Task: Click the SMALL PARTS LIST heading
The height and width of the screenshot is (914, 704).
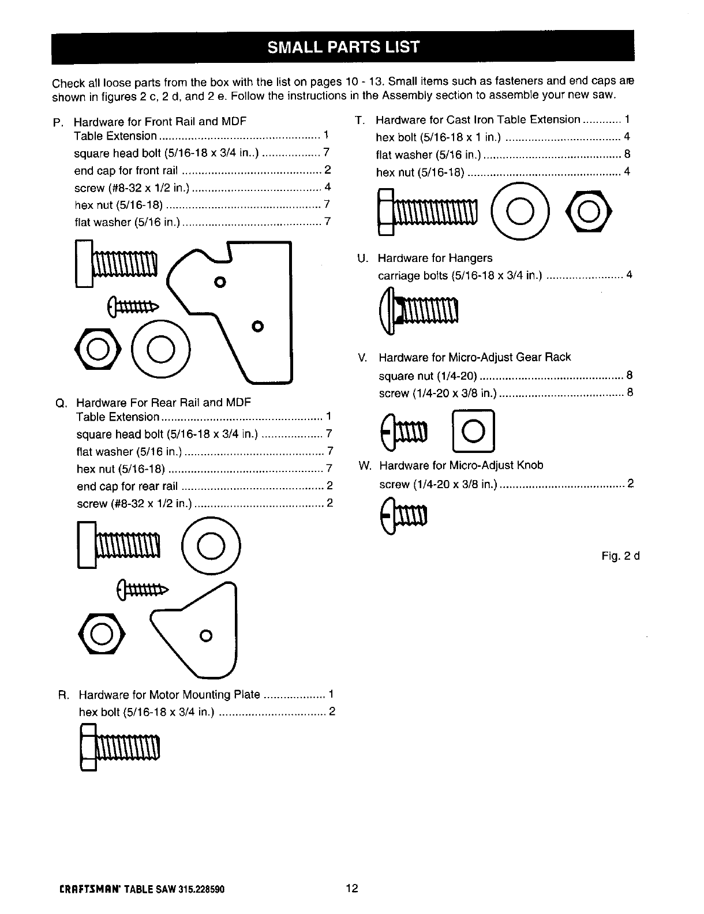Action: point(343,47)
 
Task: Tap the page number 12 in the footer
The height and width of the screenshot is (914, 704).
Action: point(352,888)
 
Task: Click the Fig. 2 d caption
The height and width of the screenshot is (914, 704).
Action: point(620,556)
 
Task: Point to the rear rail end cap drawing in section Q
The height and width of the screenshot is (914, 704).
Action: point(199,629)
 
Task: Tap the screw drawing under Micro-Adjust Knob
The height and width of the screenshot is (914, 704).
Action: point(403,514)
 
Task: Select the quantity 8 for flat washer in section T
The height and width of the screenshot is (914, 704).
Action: point(627,155)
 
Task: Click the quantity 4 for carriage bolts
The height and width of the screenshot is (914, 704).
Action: point(629,275)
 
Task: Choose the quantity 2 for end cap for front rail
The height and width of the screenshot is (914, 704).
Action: point(327,170)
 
